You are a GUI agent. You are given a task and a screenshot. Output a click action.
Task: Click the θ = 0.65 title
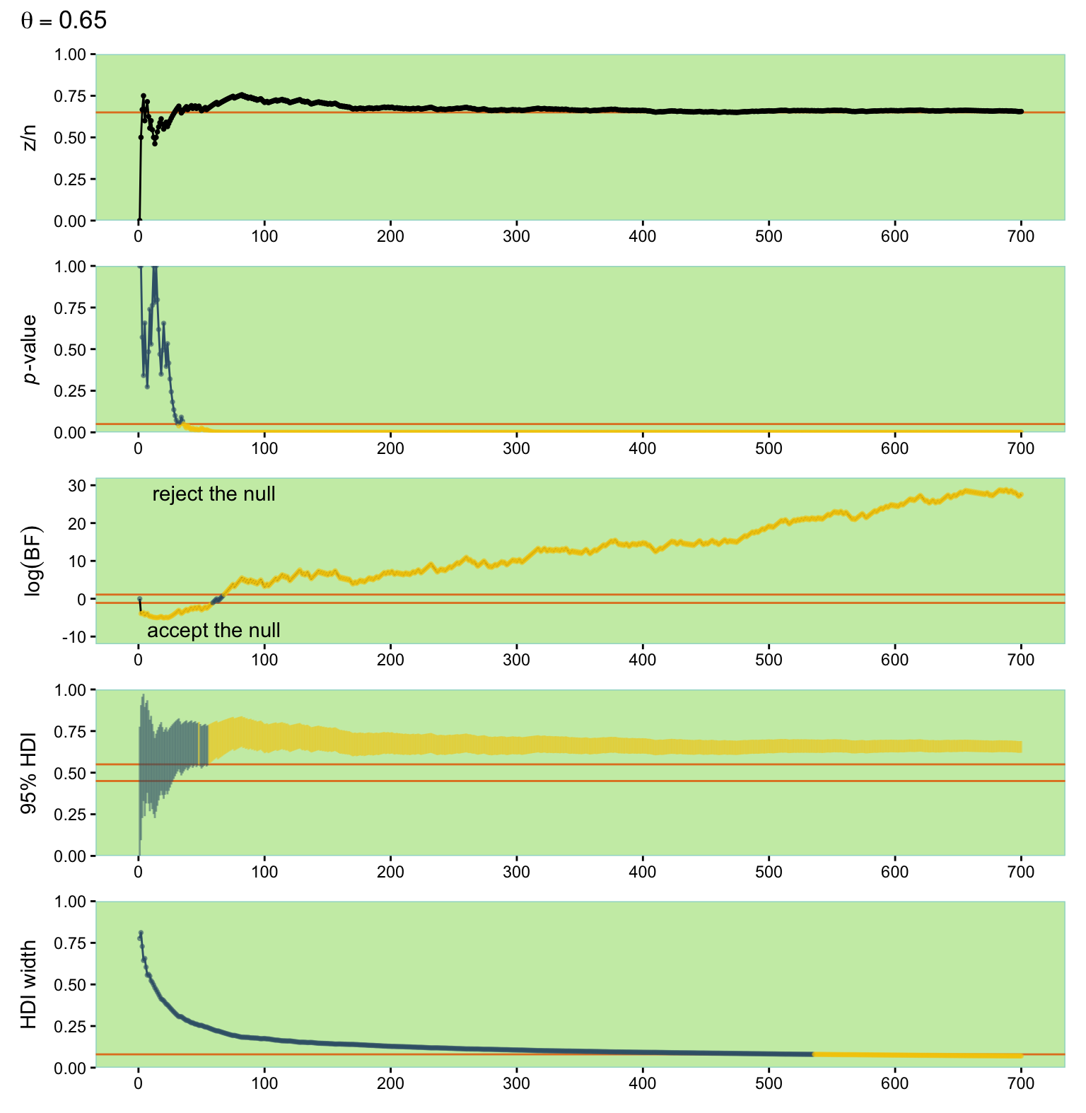click(64, 21)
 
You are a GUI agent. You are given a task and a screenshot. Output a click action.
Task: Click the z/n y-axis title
click(30, 137)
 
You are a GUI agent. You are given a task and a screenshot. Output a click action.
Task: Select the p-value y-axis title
click(30, 349)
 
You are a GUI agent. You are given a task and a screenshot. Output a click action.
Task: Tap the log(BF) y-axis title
click(32, 561)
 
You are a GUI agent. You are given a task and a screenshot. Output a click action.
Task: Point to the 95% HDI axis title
click(30, 773)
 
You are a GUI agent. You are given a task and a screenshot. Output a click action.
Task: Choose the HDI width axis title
click(30, 984)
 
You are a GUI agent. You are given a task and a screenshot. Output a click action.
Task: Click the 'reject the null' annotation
click(214, 494)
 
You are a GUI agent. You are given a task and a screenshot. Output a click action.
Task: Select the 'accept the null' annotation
click(214, 631)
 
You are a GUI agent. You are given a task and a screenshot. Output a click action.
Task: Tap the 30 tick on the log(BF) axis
click(78, 486)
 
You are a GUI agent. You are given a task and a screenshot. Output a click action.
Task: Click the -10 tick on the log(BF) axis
click(75, 637)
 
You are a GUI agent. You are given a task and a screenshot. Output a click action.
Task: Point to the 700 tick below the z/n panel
click(1020, 237)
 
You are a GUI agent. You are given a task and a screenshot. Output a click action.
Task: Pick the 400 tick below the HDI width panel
click(643, 1084)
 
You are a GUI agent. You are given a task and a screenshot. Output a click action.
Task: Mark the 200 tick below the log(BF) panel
click(390, 660)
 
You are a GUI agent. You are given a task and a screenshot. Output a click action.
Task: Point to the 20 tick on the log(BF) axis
click(78, 524)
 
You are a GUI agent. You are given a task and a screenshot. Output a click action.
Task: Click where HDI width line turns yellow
click(814, 1054)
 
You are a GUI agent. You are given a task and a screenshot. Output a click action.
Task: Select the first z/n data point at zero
click(139, 220)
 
